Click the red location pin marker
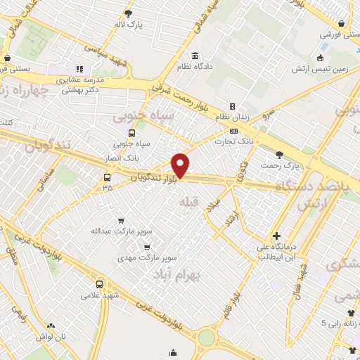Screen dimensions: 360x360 click(x=181, y=165)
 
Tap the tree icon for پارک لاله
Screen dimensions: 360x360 click(x=128, y=13)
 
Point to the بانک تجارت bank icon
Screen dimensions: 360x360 click(x=233, y=131)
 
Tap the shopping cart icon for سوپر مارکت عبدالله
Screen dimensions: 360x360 click(x=120, y=219)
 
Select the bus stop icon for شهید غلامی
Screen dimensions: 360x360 click(x=99, y=284)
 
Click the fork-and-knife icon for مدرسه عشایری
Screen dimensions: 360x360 click(x=79, y=69)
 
